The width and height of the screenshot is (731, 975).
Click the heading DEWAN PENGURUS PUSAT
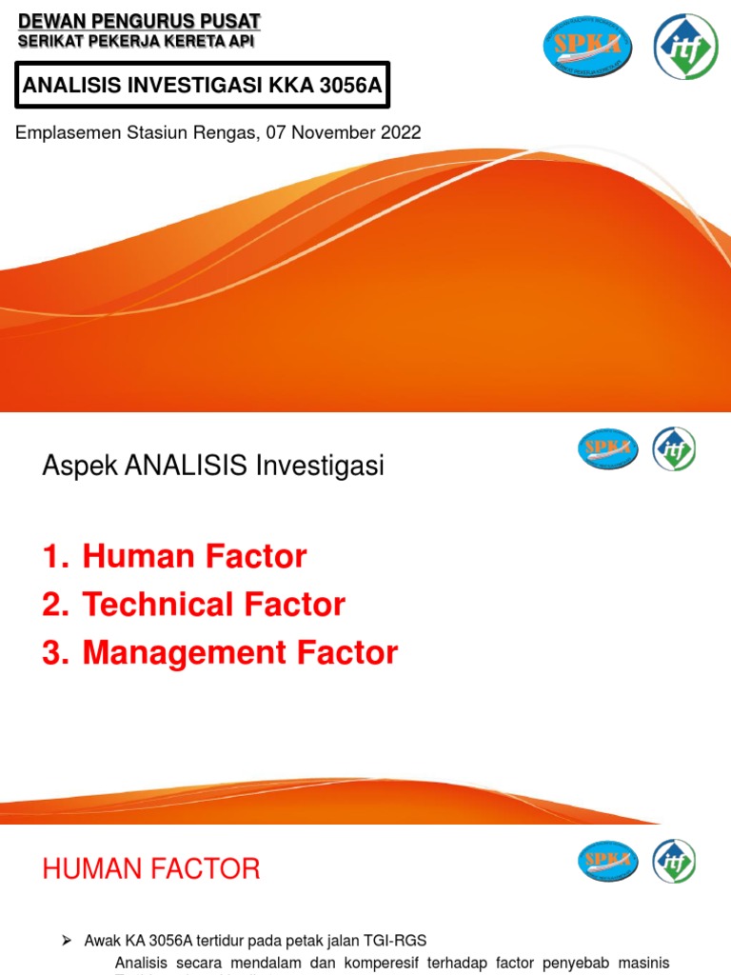pos(139,21)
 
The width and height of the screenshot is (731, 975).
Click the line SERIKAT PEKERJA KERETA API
pos(136,41)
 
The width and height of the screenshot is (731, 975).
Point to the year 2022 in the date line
pos(401,133)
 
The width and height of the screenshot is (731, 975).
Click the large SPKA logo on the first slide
pos(587,47)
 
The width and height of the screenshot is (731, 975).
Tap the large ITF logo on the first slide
pos(685,47)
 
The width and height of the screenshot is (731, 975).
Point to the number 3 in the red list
pos(51,653)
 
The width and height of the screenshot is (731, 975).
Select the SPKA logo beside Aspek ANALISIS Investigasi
pos(607,448)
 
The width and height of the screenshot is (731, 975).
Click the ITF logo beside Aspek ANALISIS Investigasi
pos(674,448)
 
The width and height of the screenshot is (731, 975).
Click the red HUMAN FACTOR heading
pos(151,868)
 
